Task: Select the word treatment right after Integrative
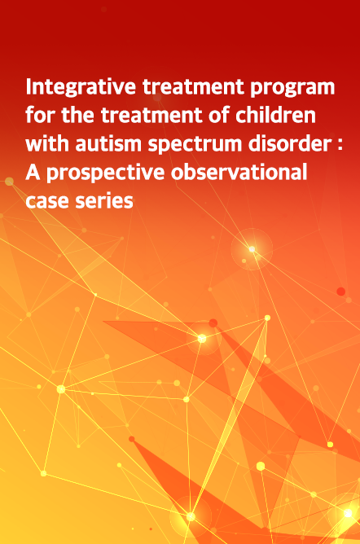pyautogui.click(x=193, y=87)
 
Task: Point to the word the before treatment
pyautogui.click(x=77, y=115)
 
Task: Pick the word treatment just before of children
pyautogui.click(x=151, y=115)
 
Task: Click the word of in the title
pyautogui.click(x=219, y=115)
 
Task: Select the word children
pyautogui.click(x=276, y=115)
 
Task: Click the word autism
pyautogui.click(x=108, y=143)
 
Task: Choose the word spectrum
pyautogui.click(x=195, y=144)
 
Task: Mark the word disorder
pyautogui.click(x=290, y=143)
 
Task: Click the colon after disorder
pyautogui.click(x=340, y=145)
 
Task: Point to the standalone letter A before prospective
pyautogui.click(x=33, y=172)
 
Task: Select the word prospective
pyautogui.click(x=105, y=173)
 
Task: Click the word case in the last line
pyautogui.click(x=46, y=201)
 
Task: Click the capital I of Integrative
pyautogui.click(x=29, y=87)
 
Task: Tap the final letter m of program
pyautogui.click(x=327, y=89)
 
